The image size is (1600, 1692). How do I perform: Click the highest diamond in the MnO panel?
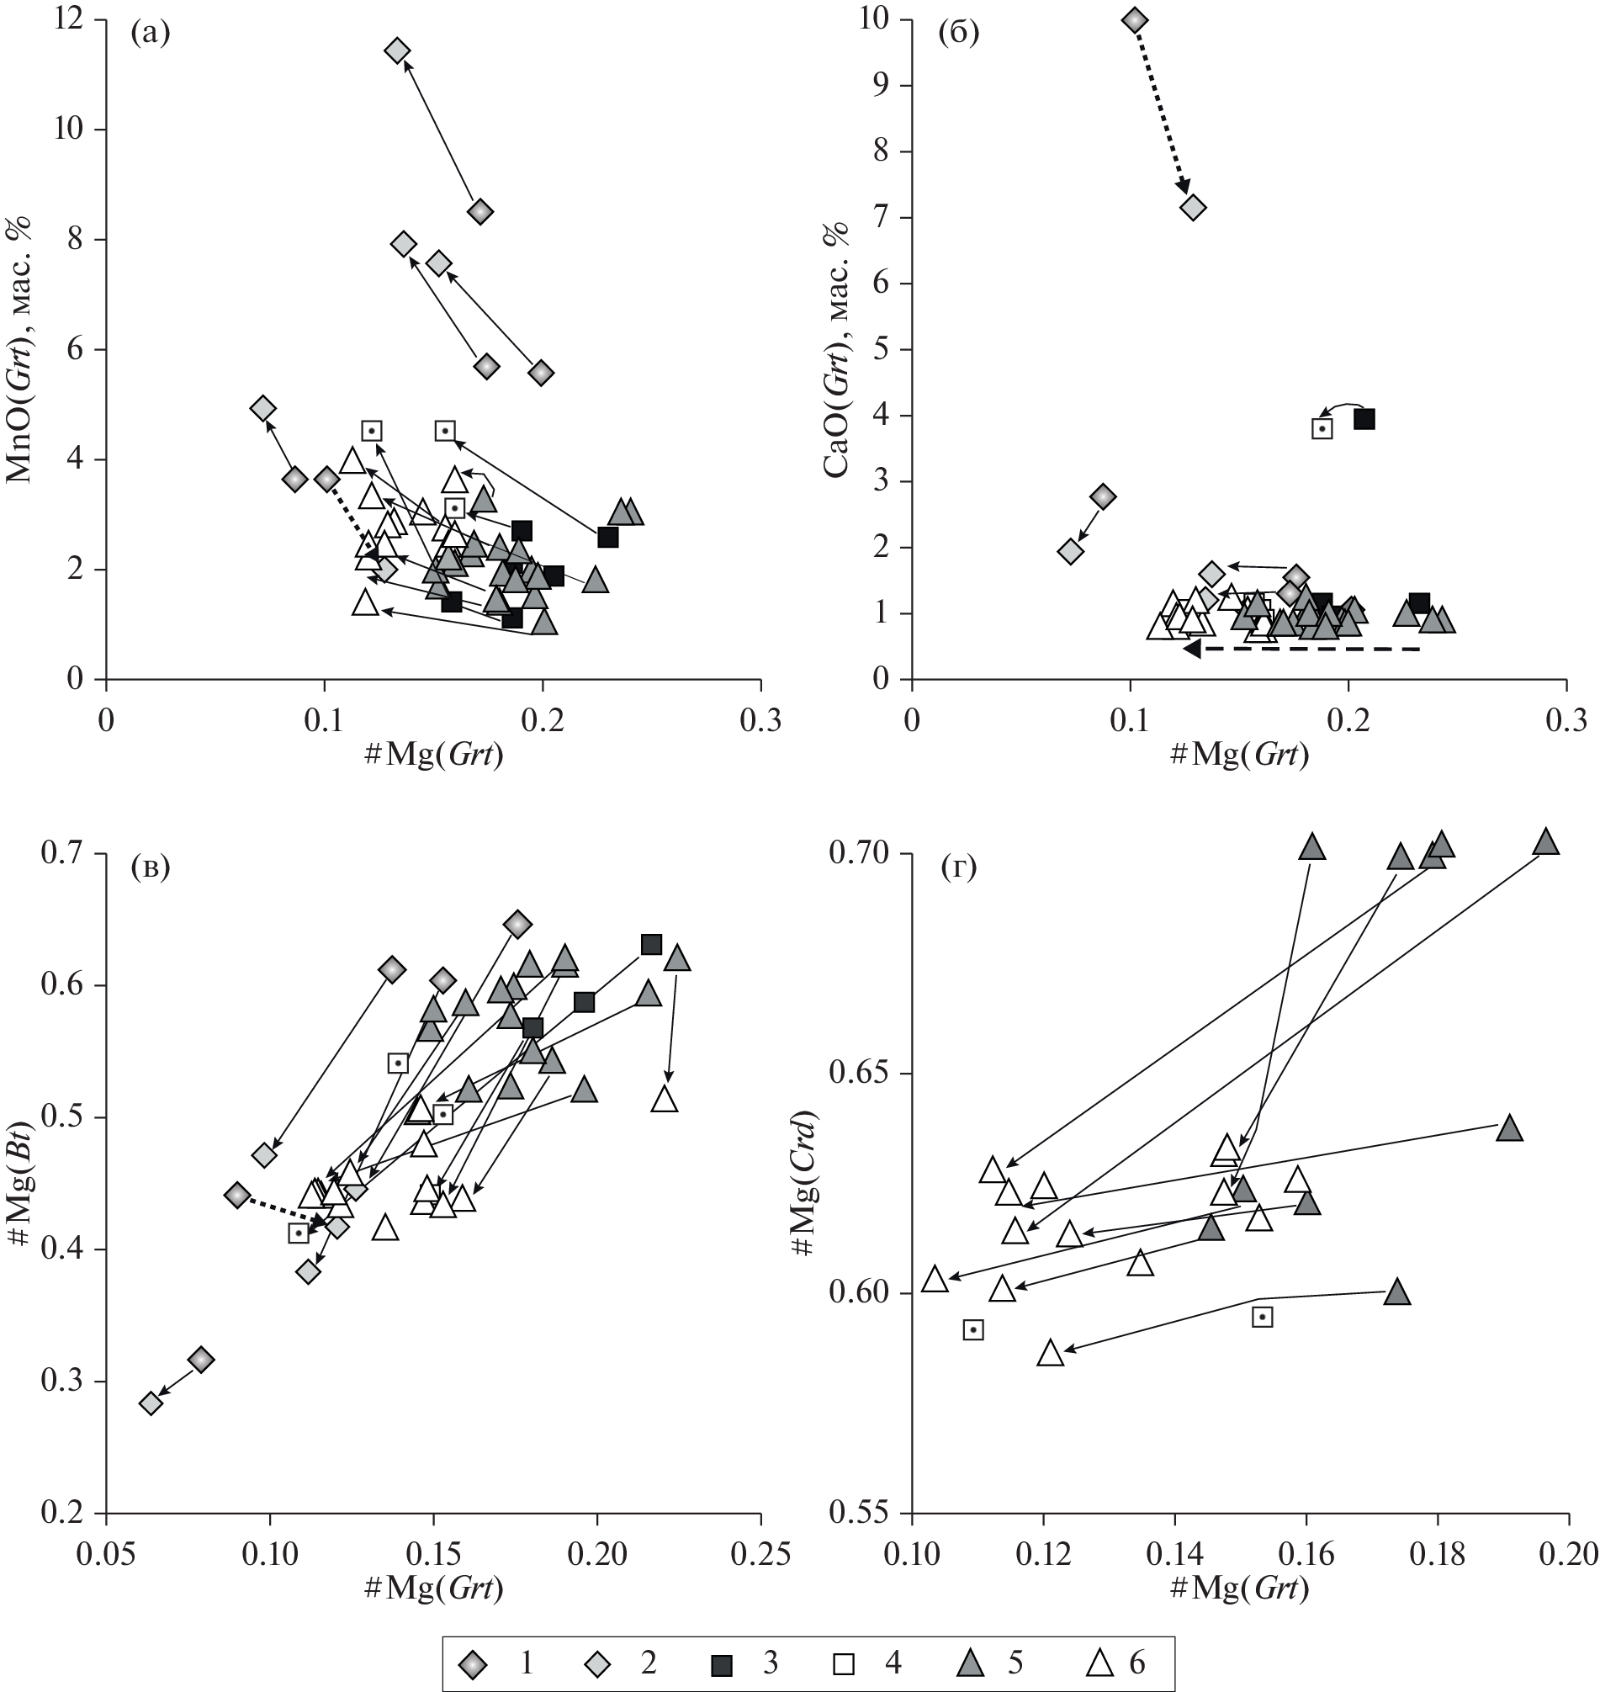point(396,50)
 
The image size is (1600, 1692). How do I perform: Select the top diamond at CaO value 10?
point(1134,19)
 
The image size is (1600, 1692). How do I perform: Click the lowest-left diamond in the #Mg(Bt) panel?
point(150,1403)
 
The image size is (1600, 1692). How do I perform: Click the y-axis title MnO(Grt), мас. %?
point(20,350)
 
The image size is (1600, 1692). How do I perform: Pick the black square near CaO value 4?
point(1364,419)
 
